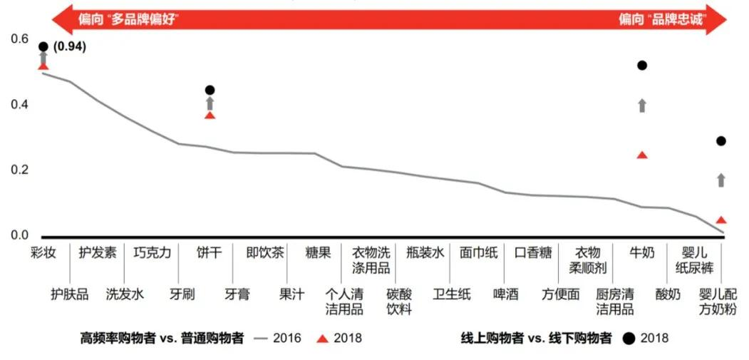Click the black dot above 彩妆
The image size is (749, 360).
pyautogui.click(x=43, y=47)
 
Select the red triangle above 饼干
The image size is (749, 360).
pyautogui.click(x=210, y=115)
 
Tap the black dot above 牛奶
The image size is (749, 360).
pyautogui.click(x=642, y=66)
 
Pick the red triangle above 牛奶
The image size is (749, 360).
pyautogui.click(x=642, y=155)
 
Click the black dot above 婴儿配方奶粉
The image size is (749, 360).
pyautogui.click(x=720, y=141)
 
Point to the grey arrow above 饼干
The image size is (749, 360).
pyautogui.click(x=210, y=103)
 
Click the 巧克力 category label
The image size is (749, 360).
pyautogui.click(x=152, y=252)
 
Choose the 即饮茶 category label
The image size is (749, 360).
pyautogui.click(x=265, y=252)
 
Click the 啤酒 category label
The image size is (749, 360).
pyautogui.click(x=505, y=294)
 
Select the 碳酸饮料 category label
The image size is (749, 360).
pyautogui.click(x=399, y=302)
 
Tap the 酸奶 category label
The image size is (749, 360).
pyautogui.click(x=668, y=294)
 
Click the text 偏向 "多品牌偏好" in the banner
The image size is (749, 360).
pyautogui.click(x=128, y=19)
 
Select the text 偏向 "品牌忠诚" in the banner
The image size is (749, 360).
pyautogui.click(x=661, y=19)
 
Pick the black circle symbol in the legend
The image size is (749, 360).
pyautogui.click(x=628, y=338)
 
